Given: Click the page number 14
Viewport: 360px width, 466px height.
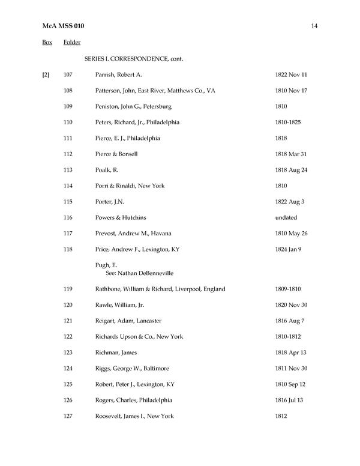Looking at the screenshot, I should point(314,26).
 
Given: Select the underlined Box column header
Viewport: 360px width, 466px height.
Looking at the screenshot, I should point(47,43).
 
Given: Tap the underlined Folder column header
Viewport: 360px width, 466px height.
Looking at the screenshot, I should point(72,43).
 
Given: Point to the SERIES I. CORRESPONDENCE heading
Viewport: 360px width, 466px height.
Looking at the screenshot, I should point(134,59).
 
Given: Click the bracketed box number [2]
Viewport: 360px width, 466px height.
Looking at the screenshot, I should point(46,75).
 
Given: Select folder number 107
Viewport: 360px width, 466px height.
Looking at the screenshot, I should point(68,75).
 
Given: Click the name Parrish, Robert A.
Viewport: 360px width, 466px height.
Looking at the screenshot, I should point(118,75).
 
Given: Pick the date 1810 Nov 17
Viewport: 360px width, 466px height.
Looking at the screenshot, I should point(291,91).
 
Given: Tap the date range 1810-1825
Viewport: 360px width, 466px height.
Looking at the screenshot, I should point(288,123).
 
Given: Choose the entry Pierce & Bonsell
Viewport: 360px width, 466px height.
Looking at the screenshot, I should point(116,154).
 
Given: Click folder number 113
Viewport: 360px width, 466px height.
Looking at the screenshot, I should point(68,170).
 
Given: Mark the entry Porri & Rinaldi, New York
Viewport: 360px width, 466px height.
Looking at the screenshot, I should point(130,186).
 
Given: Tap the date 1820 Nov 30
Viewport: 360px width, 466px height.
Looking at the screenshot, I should point(291,305).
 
